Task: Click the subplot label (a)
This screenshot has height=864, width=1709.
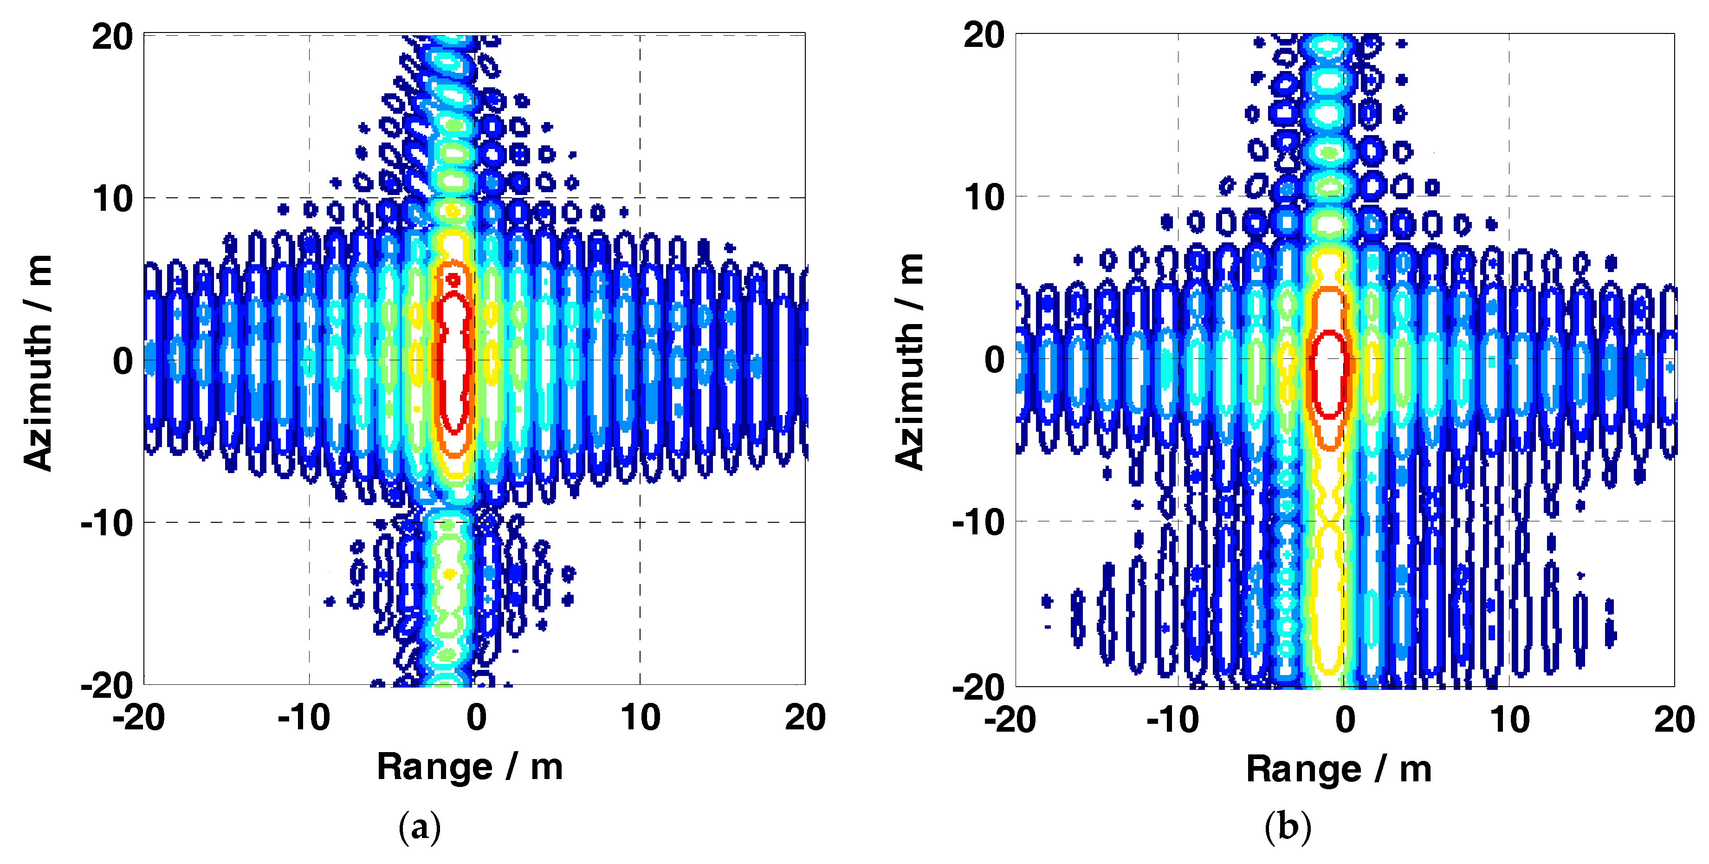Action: [419, 827]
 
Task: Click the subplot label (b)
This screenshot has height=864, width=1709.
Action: [1288, 827]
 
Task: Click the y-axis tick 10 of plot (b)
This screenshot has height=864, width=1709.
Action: [984, 197]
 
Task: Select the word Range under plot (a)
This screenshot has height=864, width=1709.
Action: [434, 767]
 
